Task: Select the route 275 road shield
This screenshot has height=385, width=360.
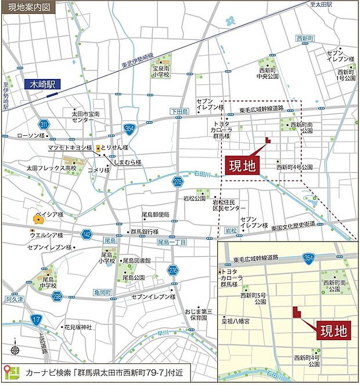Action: point(177,182)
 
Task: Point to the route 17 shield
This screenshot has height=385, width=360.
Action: point(36,319)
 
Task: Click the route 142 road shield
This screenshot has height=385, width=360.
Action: point(87,234)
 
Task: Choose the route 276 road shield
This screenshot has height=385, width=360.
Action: point(172,270)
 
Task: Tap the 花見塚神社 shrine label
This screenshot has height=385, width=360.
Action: point(78,328)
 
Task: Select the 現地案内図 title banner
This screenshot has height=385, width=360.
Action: point(30,8)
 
